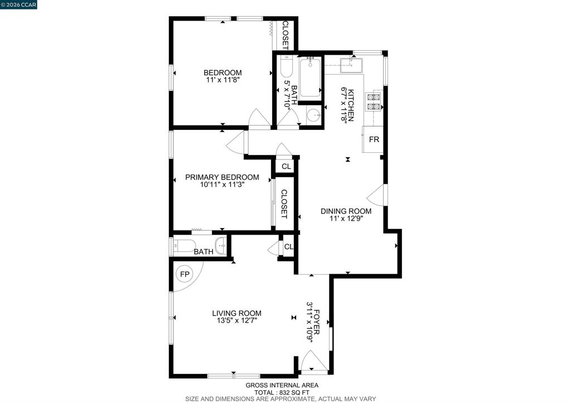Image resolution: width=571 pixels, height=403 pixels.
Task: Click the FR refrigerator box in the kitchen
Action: click(372, 139)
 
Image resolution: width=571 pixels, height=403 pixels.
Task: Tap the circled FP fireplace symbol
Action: click(185, 274)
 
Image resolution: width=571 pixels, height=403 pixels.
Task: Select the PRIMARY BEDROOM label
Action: click(222, 177)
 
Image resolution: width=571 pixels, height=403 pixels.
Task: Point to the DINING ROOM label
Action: click(346, 211)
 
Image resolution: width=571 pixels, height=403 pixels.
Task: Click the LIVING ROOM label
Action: click(236, 313)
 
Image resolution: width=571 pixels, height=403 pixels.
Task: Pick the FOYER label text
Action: click(317, 322)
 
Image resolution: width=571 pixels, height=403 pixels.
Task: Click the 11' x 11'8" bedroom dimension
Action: click(222, 80)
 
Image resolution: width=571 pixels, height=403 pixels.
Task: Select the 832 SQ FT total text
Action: click(282, 392)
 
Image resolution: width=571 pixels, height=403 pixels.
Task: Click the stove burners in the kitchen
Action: click(374, 101)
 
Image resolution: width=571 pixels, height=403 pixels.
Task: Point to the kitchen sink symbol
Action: click(351, 66)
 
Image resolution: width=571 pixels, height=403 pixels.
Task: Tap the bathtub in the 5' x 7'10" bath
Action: click(310, 77)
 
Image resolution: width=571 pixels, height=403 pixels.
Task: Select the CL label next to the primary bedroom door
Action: click(286, 166)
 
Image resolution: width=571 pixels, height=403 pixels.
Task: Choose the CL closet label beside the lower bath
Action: click(289, 246)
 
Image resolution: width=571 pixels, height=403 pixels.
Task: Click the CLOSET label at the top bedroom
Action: click(285, 35)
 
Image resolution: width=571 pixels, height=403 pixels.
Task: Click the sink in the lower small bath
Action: click(221, 246)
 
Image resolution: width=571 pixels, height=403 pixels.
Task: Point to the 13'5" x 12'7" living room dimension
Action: click(236, 321)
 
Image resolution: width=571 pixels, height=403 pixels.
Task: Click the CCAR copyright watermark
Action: click(18, 4)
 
